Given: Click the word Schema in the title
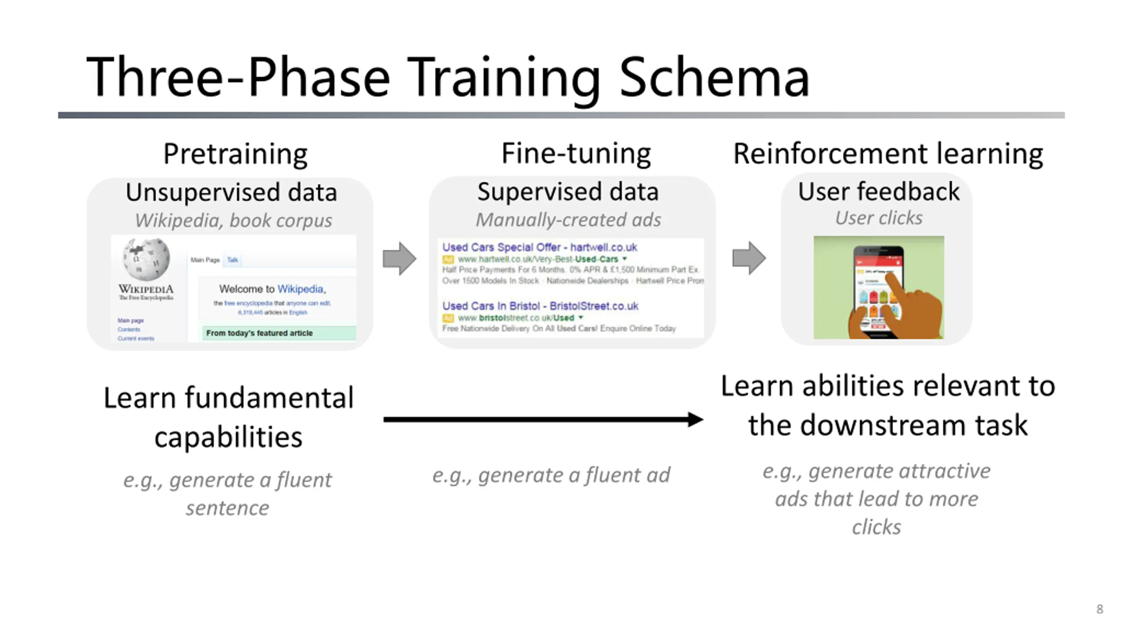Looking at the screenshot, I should click(x=714, y=78).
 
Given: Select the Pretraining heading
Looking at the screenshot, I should click(x=235, y=154).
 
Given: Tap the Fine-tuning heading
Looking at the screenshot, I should click(x=576, y=154).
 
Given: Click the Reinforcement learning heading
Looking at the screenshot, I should click(x=888, y=154).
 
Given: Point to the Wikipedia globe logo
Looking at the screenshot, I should click(x=146, y=259).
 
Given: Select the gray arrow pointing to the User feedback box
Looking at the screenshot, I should click(x=749, y=258).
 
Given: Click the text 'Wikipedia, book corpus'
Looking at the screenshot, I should click(x=233, y=220).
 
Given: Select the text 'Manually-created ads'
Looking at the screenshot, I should click(x=568, y=220).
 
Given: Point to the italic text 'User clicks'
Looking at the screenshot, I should click(x=878, y=218).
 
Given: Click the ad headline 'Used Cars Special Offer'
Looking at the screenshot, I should click(x=501, y=247).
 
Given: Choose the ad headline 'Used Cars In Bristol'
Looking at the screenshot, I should click(x=490, y=306).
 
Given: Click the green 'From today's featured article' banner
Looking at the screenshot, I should click(x=279, y=333).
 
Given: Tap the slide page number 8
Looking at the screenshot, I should click(x=1099, y=609).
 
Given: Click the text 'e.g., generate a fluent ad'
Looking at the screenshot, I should click(x=551, y=475).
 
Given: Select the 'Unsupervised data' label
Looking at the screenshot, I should click(x=231, y=192).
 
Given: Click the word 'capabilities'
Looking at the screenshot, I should click(x=228, y=437).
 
